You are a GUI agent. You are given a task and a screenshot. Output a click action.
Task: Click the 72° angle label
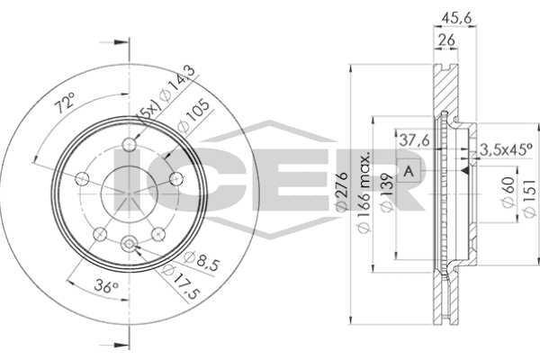pyautogui.click(x=65, y=103)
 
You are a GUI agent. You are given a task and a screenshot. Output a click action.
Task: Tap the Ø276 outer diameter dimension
pyautogui.click(x=342, y=192)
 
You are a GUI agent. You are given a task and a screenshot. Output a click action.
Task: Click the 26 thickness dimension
pyautogui.click(x=446, y=40)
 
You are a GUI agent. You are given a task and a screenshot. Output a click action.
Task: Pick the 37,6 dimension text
pyautogui.click(x=414, y=140)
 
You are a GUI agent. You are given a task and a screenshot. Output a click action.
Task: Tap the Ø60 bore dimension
pyautogui.click(x=508, y=193)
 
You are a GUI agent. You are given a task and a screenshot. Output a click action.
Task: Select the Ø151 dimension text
pyautogui.click(x=530, y=198)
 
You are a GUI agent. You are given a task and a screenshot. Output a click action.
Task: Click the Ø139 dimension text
pyautogui.click(x=387, y=193)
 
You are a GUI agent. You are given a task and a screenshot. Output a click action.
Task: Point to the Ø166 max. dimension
pyautogui.click(x=364, y=193)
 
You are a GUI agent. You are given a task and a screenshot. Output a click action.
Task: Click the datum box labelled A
pyautogui.click(x=409, y=171)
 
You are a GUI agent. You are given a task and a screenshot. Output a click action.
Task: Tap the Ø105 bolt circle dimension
pyautogui.click(x=193, y=116)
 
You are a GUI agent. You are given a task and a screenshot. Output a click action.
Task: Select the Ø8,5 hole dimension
pyautogui.click(x=202, y=262)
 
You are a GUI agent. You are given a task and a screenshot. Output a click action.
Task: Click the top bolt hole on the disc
pyautogui.click(x=129, y=144)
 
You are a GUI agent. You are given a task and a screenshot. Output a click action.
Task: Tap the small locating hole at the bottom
pyautogui.click(x=129, y=244)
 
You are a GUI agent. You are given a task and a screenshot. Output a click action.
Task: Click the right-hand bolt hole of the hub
pyautogui.click(x=176, y=178)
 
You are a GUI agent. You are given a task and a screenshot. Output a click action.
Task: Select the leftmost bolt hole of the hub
pyautogui.click(x=82, y=178)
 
